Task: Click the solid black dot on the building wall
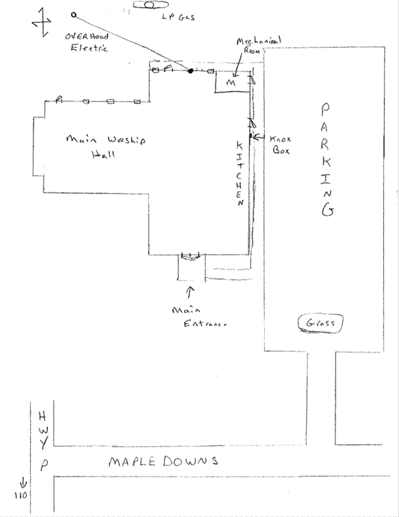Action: [190, 70]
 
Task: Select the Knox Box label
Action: [281, 144]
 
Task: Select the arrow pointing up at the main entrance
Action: [189, 293]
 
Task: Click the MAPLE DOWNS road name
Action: [163, 461]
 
